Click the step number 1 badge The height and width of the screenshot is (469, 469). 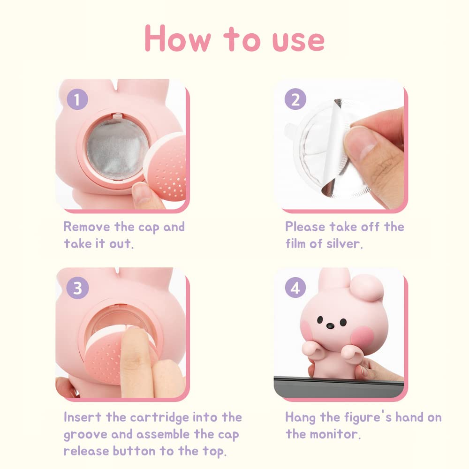point(77,100)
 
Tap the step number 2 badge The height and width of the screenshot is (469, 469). point(295,100)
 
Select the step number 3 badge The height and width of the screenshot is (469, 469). point(77,288)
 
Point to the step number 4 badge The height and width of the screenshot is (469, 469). point(295,288)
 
